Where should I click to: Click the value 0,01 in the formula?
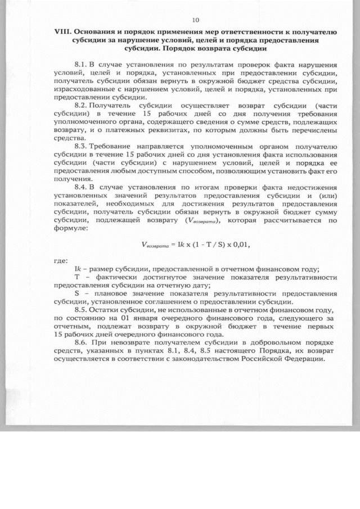(238, 244)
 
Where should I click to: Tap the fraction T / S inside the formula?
(202, 244)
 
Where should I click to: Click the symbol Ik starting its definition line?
(77, 268)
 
